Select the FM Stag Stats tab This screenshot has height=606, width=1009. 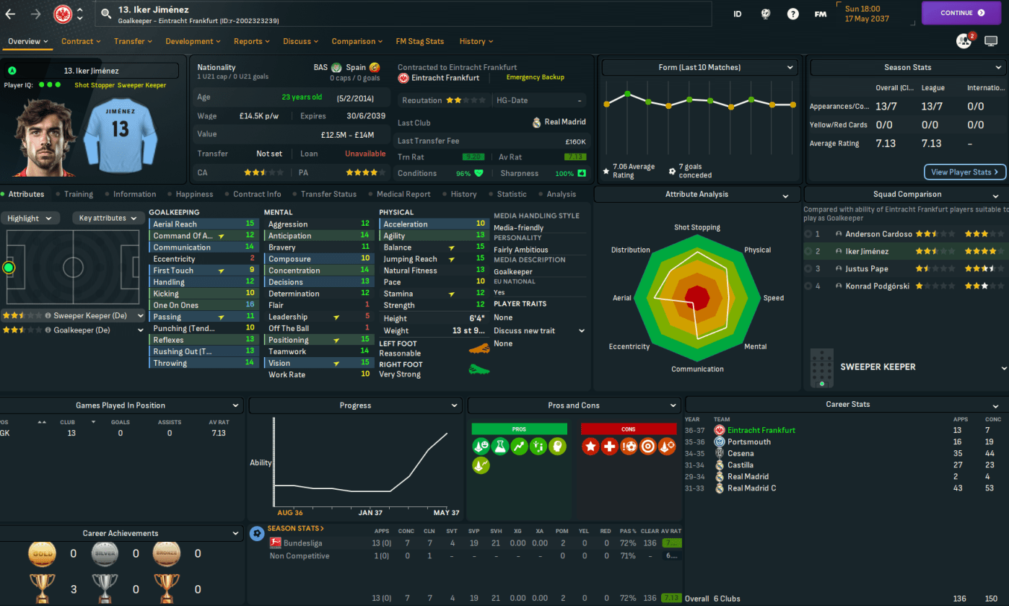pyautogui.click(x=419, y=41)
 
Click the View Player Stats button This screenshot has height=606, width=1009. pyautogui.click(x=964, y=172)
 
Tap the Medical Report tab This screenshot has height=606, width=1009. pyautogui.click(x=403, y=194)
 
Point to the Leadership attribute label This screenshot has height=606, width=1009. pyautogui.click(x=288, y=317)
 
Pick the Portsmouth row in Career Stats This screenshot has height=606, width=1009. pyautogui.click(x=749, y=442)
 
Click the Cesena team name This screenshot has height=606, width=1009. pyautogui.click(x=741, y=454)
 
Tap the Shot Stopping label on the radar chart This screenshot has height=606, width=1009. pyautogui.click(x=696, y=228)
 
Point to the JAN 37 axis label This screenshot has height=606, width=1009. pyautogui.click(x=370, y=513)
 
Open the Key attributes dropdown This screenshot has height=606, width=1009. pyautogui.click(x=107, y=218)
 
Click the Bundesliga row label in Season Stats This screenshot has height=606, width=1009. pyautogui.click(x=303, y=543)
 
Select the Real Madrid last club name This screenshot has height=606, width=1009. pyautogui.click(x=566, y=123)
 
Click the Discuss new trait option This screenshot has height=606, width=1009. pyautogui.click(x=524, y=331)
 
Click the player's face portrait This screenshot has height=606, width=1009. pyautogui.click(x=37, y=137)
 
